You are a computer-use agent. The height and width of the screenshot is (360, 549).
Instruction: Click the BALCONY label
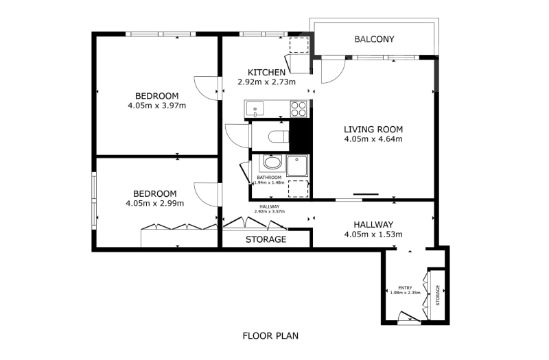tap(374, 39)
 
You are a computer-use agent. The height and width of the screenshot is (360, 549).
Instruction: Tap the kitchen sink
tap(255, 108)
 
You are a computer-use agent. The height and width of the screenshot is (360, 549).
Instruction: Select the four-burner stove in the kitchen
tap(299, 108)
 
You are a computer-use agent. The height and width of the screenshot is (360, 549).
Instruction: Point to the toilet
tap(279, 136)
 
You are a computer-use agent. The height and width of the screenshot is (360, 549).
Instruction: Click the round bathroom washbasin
tap(272, 163)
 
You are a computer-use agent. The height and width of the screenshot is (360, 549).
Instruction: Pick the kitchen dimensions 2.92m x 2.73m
tap(266, 82)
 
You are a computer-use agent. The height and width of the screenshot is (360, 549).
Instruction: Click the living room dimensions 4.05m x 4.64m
tap(373, 139)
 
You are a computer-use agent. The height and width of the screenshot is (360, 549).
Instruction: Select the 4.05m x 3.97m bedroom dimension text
tap(157, 106)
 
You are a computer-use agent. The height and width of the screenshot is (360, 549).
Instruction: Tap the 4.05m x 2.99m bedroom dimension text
tap(155, 203)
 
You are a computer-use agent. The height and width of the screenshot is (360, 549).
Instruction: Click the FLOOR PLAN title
tap(270, 336)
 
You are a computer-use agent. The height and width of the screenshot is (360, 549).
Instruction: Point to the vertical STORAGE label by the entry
tap(437, 296)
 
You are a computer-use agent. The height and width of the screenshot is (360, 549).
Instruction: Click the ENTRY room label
tap(405, 288)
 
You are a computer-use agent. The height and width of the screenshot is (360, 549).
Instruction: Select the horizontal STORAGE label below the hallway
tap(266, 239)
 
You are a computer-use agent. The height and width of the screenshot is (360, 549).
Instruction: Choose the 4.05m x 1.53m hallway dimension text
tap(373, 235)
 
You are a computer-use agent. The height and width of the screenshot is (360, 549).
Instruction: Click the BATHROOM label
tap(269, 178)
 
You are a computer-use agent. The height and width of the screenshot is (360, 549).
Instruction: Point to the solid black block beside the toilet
tap(300, 136)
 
